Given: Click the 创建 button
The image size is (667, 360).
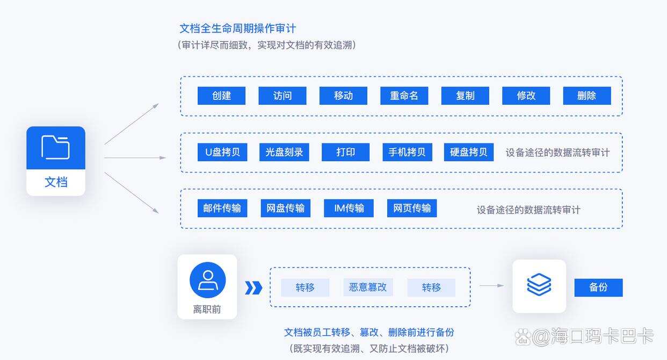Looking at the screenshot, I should pos(221,96).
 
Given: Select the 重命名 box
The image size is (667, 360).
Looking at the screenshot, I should pos(404,96).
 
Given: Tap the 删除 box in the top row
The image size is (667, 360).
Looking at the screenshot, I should pos(586,96).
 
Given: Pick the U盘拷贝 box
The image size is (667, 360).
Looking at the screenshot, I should pos(222,152).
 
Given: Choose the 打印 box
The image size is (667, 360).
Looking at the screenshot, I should pos(345,152).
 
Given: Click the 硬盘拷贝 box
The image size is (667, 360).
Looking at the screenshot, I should pos(468,152).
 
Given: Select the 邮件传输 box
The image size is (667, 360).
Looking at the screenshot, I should pos(222,208).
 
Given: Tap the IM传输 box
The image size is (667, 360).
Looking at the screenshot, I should pos(349,208).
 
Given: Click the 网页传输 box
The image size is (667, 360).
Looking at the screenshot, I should pos(411,208).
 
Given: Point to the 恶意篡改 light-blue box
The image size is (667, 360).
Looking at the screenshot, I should pos(368,287).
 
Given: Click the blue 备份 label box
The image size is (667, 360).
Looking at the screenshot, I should pos(598,287).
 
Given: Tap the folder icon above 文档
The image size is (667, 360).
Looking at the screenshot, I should pos(56,147).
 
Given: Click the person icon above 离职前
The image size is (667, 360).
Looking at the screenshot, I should pos(207,280).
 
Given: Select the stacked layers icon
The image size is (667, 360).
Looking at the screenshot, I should pos(539,285).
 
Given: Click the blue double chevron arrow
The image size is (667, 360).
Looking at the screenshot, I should pos(253,288).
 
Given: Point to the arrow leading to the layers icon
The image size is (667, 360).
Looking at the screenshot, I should pos(491,286).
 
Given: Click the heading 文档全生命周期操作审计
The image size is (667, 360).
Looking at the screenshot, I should pos(237,28).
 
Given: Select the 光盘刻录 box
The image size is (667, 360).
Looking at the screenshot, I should pos(284,152).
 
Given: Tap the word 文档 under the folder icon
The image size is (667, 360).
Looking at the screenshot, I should pos(56,182).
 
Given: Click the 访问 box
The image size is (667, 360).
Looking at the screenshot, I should pos(282,96).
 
